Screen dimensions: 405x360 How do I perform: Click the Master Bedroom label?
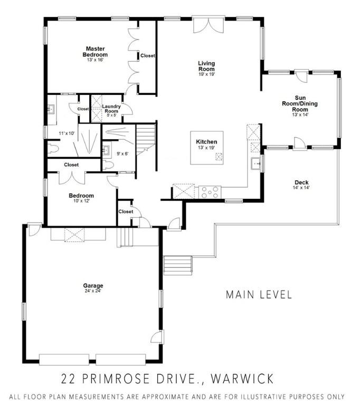(x=95, y=52)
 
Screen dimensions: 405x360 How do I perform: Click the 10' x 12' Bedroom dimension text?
(x=81, y=201)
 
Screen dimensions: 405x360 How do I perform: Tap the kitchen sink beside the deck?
(x=257, y=165)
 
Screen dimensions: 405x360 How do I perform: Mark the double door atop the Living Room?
(x=206, y=24)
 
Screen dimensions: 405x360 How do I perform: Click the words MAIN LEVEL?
(x=259, y=294)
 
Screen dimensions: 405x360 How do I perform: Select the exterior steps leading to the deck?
(x=177, y=263)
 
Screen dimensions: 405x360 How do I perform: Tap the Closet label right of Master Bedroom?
(x=147, y=55)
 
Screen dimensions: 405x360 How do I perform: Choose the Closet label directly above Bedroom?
(x=71, y=165)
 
